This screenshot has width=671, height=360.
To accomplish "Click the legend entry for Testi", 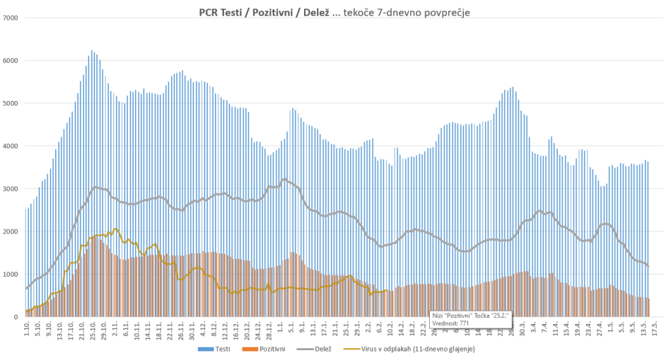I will click(x=219, y=349).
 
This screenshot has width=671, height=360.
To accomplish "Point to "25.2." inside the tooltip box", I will click(x=499, y=315).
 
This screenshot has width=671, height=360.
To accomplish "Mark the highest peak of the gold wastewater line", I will click(x=115, y=229).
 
